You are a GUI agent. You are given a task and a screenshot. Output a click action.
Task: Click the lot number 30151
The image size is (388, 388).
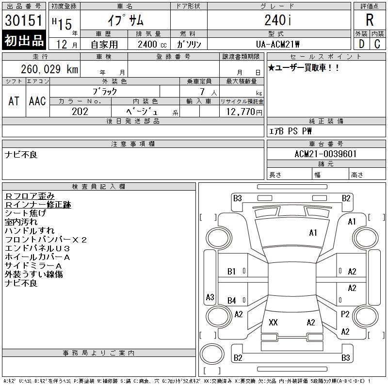click(23, 20)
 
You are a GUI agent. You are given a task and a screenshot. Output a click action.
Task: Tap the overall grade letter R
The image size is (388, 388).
click(370, 20)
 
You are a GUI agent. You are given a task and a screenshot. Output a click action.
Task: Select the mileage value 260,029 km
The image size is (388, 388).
click(49, 69)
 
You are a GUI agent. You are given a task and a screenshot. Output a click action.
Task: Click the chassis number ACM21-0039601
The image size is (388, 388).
click(325, 154)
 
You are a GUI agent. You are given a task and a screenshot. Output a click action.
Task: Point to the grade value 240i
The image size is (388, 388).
click(278, 20)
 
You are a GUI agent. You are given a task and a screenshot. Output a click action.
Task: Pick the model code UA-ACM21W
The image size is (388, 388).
click(277, 44)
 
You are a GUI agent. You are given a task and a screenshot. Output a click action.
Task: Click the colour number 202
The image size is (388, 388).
click(80, 112)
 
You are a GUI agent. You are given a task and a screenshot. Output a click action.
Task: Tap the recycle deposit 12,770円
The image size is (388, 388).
click(244, 112)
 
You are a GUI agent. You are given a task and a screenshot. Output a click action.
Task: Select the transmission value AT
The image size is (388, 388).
click(14, 101)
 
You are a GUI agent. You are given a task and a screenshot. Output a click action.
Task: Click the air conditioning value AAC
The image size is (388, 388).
click(37, 101)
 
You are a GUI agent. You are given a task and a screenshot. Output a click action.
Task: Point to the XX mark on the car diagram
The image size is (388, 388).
click(273, 323)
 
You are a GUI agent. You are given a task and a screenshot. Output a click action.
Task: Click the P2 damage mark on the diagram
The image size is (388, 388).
click(345, 314)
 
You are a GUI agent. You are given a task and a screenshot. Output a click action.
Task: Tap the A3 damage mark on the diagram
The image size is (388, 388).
click(210, 297)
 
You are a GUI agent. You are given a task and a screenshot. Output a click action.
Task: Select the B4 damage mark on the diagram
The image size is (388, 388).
click(231, 301)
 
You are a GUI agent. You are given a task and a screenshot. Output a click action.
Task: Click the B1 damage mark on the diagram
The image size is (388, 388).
click(231, 272)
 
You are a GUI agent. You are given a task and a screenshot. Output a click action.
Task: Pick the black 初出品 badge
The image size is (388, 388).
click(24, 40)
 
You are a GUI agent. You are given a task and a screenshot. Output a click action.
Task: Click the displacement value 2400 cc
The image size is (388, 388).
click(152, 45)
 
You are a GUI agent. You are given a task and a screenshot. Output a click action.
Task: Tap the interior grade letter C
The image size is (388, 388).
click(377, 44)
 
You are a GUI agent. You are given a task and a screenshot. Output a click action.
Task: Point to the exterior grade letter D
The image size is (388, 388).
click(361, 44)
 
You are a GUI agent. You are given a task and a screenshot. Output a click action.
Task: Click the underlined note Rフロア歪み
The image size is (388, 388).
click(30, 196)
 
